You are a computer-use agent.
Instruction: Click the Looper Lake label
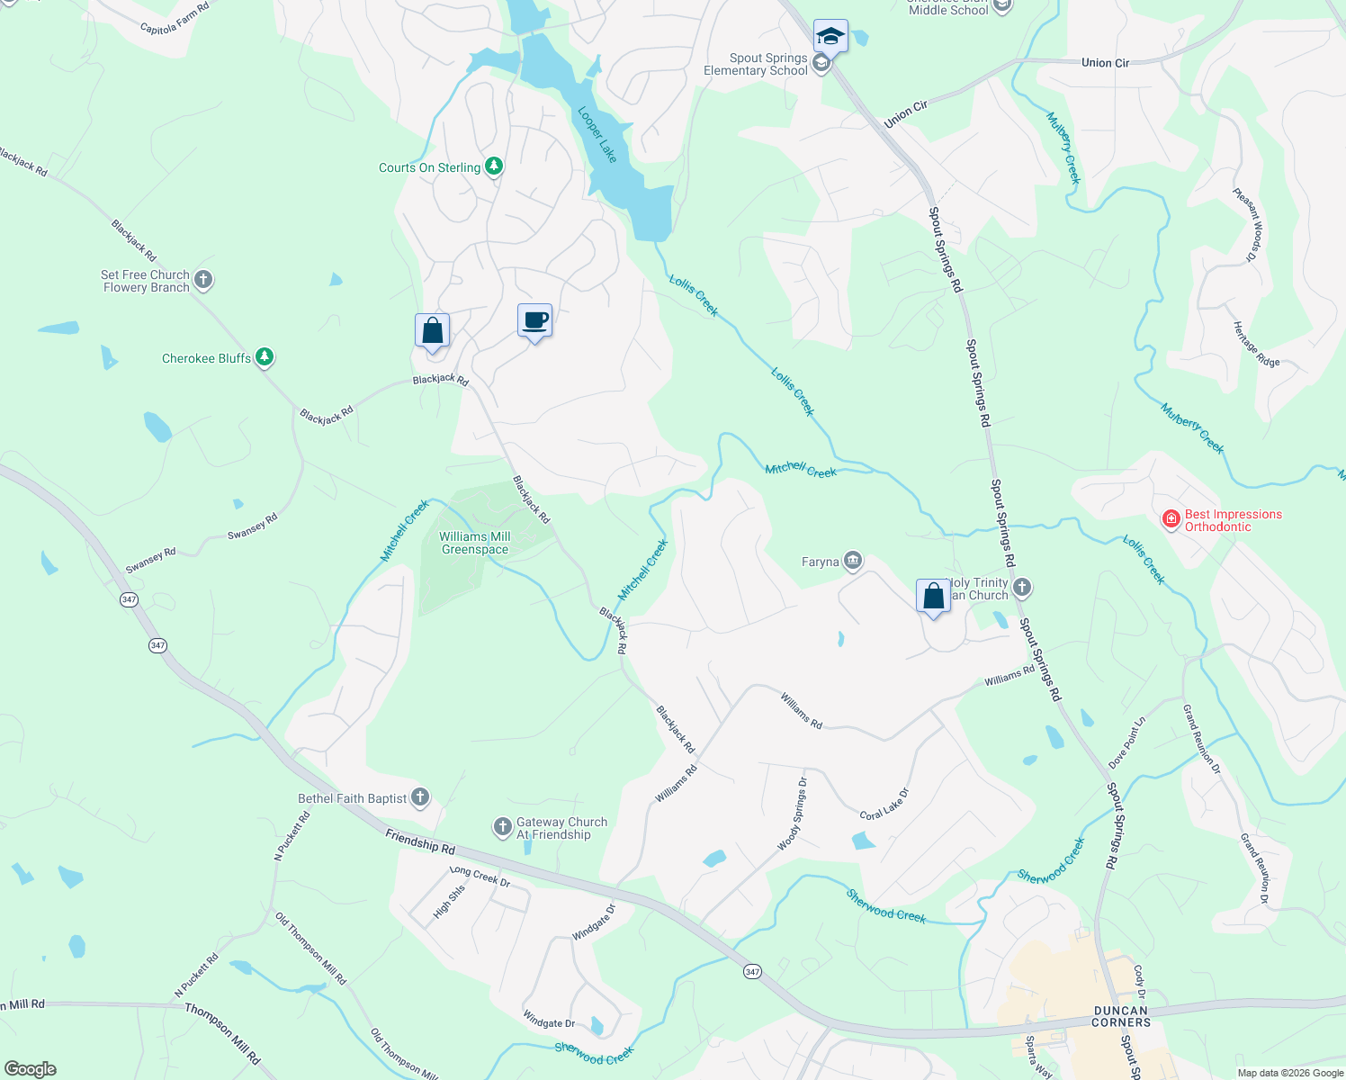pos(597,135)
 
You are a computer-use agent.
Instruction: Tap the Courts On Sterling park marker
pos(493,166)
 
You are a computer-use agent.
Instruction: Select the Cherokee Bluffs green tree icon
pos(265,357)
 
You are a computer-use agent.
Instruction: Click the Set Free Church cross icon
pos(203,280)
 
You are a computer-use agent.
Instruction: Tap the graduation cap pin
pos(830,37)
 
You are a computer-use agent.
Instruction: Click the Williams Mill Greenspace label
pos(475,543)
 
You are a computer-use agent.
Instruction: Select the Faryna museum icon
pos(853,562)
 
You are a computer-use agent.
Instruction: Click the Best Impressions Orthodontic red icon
pos(1171,519)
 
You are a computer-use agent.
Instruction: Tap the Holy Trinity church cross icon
pos(1021,588)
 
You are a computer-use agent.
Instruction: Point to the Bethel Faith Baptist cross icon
pos(419,796)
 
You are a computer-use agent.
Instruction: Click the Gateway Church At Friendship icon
pos(502,826)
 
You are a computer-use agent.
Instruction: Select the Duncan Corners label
pos(1121,1016)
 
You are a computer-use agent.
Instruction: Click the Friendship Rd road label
pos(420,841)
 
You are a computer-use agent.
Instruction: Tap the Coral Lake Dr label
pos(884,804)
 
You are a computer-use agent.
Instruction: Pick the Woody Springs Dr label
pos(792,814)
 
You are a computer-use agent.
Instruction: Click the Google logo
pos(30,1068)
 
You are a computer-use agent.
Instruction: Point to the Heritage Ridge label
pos(1255,344)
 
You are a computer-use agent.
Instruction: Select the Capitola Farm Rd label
pos(175,17)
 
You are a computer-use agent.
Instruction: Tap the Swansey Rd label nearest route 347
pos(150,561)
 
